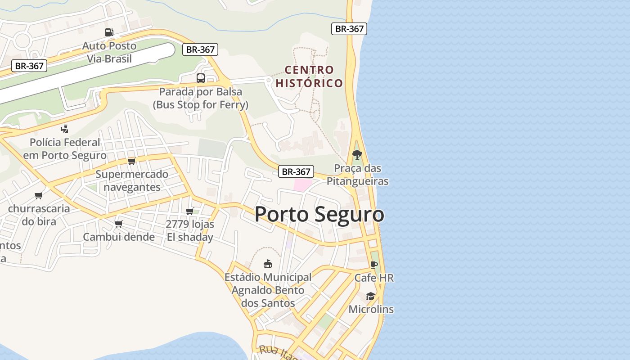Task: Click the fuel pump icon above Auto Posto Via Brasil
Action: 109,32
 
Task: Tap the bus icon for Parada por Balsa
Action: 201,78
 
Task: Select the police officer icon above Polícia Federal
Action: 65,129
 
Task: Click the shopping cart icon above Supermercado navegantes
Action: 131,161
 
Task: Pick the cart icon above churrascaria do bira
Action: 39,195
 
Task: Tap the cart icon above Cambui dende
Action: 119,224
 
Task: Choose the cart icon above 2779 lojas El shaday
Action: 190,211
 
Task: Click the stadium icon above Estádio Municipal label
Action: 268,264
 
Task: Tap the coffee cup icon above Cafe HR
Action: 373,265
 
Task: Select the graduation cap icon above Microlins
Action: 370,296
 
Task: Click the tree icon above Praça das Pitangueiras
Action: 357,155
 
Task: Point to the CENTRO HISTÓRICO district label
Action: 309,76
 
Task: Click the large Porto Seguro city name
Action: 319,214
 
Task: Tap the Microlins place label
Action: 371,310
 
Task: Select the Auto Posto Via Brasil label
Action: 109,52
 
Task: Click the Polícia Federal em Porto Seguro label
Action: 65,149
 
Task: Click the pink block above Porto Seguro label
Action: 302,184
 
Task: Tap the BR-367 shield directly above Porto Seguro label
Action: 296,171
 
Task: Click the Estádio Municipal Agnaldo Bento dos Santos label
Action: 268,290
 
